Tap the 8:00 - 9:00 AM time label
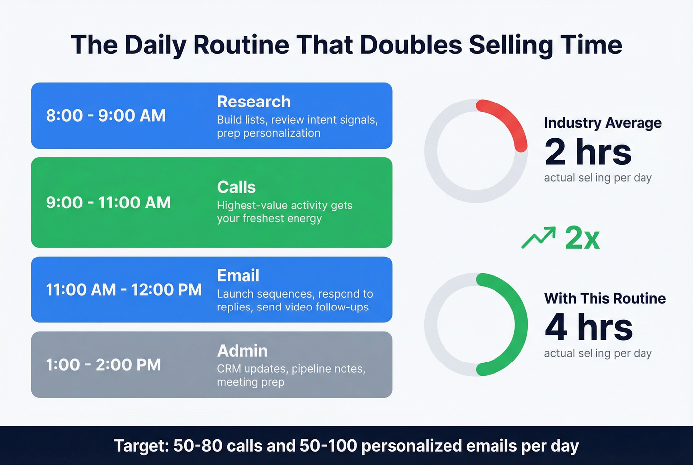click(x=106, y=116)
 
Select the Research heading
click(x=253, y=102)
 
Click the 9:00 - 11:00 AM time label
click(x=108, y=203)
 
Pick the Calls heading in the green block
click(x=236, y=187)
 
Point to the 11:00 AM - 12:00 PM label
click(x=124, y=290)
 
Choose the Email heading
click(x=238, y=276)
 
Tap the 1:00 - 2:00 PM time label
click(x=103, y=365)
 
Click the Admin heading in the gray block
click(x=242, y=351)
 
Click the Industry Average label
click(x=602, y=123)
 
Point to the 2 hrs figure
click(x=588, y=152)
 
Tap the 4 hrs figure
click(x=589, y=327)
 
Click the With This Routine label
click(x=605, y=298)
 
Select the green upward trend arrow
click(x=539, y=238)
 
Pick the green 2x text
click(x=582, y=238)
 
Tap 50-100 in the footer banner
click(x=328, y=446)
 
